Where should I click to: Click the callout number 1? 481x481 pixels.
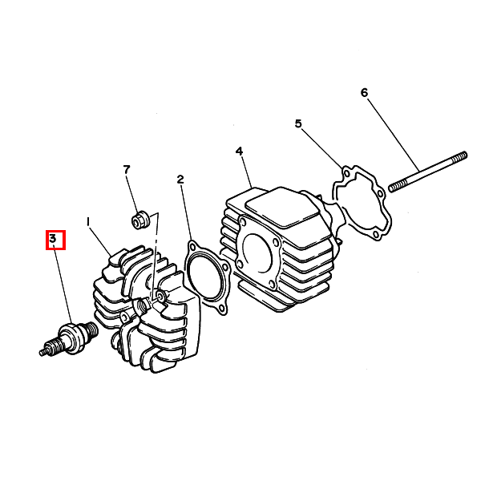[88, 222]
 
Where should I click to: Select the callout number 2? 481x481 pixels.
[180, 179]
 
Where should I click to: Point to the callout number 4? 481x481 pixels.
[239, 151]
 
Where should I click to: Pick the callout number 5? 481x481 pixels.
[298, 123]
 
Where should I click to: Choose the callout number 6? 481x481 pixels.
[364, 92]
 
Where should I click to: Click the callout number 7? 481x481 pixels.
[127, 169]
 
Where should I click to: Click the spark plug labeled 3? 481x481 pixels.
[69, 338]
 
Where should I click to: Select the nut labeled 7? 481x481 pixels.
[140, 219]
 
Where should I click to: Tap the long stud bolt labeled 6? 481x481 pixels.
[428, 172]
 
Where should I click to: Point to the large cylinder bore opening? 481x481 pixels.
[257, 253]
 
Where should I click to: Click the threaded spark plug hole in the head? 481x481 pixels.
[143, 305]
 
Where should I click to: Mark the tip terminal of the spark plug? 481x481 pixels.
[43, 353]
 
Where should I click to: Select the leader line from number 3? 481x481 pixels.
[63, 284]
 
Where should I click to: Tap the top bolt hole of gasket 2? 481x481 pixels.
[192, 247]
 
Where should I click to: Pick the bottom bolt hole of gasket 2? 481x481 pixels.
[222, 309]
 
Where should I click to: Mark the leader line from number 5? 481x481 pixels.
[322, 148]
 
